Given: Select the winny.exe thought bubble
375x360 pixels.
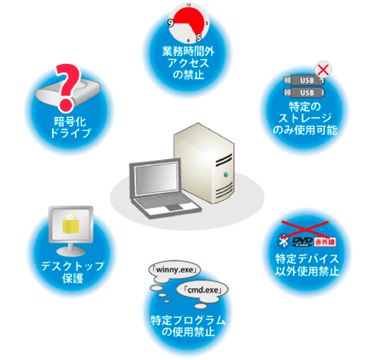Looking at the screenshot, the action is (175, 271).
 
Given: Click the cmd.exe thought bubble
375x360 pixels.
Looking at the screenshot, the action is (202, 290).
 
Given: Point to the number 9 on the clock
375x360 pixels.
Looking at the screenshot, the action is (171, 23).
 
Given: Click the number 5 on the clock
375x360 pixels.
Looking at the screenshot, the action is (199, 38).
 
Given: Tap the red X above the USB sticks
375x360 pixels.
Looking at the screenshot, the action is (323, 69).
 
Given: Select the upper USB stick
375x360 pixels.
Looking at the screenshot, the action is (304, 80).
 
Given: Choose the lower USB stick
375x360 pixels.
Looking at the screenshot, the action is (304, 92).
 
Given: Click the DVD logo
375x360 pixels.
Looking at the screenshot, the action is (302, 241).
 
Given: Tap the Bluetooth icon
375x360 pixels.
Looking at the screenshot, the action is (283, 241).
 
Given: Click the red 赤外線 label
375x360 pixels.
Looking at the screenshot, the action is (325, 241).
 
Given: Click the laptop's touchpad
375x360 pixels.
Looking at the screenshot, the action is (173, 207).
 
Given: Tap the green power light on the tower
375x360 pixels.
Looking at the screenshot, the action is (226, 175).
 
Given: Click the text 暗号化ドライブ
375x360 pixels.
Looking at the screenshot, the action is (70, 127).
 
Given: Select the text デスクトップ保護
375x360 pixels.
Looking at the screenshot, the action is (73, 272).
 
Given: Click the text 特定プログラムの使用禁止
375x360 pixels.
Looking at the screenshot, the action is (188, 326).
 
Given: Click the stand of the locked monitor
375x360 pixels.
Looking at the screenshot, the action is (70, 249).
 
